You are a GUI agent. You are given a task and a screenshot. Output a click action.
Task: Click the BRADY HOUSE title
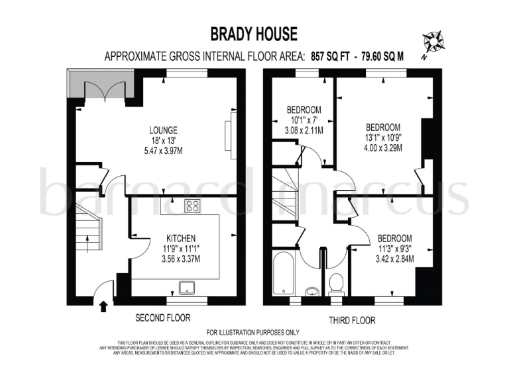pyautogui.click(x=254, y=34)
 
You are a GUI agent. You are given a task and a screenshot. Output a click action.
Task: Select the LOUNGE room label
pyautogui.click(x=163, y=130)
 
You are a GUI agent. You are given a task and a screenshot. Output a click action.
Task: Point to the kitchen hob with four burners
pyautogui.click(x=193, y=205)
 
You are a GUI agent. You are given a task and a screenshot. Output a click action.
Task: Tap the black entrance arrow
pyautogui.click(x=102, y=306)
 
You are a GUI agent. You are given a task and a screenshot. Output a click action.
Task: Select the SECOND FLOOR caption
pyautogui.click(x=162, y=317)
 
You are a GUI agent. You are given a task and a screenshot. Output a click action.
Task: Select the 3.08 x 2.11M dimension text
pyautogui.click(x=304, y=130)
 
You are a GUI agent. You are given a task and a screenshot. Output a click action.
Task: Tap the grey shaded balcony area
pyautogui.click(x=102, y=85)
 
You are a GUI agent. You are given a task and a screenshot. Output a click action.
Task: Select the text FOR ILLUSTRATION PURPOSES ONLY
pyautogui.click(x=254, y=332)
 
